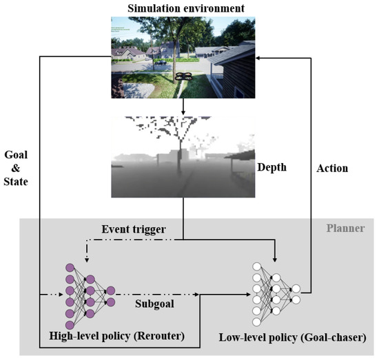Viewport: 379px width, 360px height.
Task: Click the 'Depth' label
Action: pyautogui.click(x=271, y=167)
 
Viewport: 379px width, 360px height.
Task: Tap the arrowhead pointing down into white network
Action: pyautogui.click(x=276, y=259)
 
